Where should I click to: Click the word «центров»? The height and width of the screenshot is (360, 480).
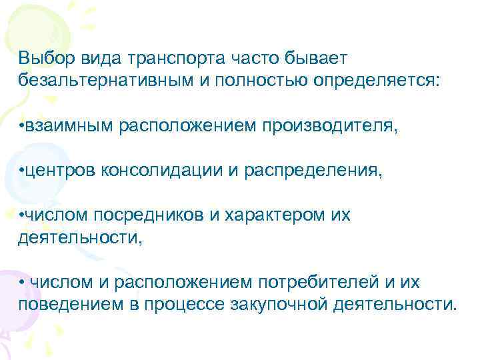62,171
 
